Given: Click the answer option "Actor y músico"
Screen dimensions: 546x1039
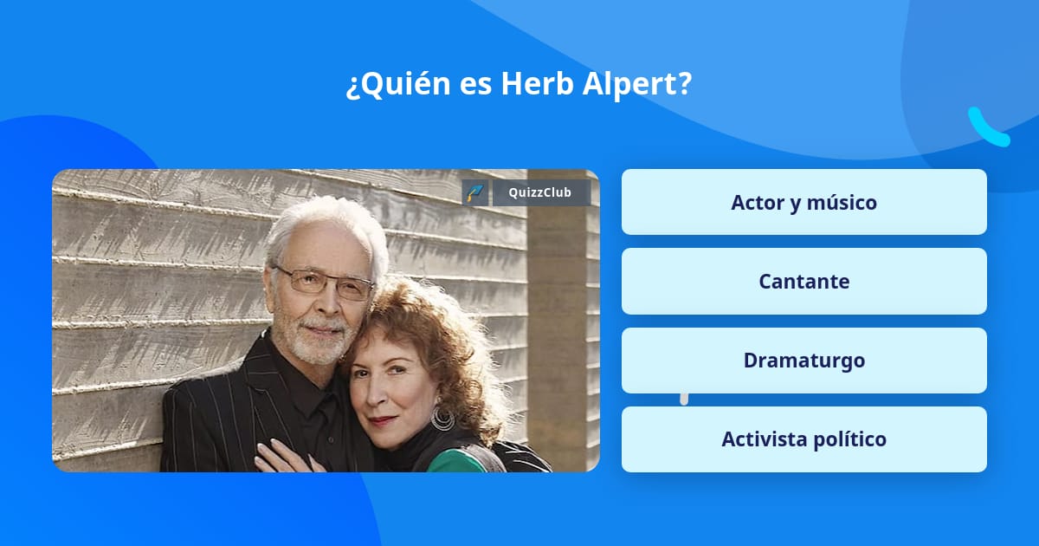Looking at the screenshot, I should (x=803, y=202).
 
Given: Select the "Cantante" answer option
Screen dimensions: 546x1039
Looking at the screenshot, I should (x=803, y=282).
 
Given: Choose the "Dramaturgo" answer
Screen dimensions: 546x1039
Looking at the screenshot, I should (x=803, y=361).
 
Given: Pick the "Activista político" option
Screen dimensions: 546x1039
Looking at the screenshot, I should (x=803, y=439).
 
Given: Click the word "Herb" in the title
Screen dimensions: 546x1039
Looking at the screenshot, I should (x=533, y=85).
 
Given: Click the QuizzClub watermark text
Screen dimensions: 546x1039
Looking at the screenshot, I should (x=539, y=192).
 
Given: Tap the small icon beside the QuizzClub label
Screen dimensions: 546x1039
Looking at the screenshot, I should (x=475, y=192).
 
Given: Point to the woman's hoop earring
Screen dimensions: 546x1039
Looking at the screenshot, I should (x=442, y=419).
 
